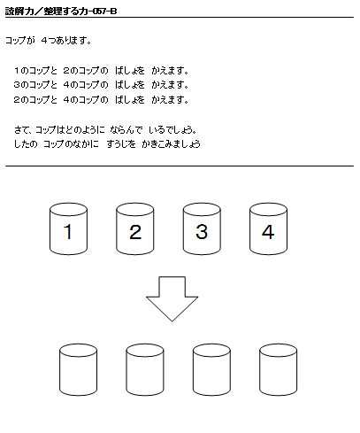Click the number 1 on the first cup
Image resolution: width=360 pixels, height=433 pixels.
[68, 231]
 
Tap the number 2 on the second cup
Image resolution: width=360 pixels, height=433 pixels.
[135, 232]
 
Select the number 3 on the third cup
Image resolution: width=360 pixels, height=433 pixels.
[202, 232]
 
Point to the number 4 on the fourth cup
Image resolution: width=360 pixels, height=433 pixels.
[268, 232]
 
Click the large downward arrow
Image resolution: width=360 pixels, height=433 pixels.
[172, 298]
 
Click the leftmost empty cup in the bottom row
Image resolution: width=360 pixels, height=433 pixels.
[78, 369]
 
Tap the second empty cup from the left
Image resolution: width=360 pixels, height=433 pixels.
[145, 369]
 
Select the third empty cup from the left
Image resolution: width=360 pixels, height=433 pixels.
[211, 369]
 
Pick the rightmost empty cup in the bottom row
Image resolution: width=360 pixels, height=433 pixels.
[279, 369]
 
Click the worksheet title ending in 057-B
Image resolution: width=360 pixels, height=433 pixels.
[61, 12]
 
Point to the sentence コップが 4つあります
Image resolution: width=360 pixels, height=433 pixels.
[49, 40]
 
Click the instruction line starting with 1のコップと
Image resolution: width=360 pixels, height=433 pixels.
[102, 71]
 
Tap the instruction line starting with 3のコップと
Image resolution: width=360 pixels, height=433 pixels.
[102, 85]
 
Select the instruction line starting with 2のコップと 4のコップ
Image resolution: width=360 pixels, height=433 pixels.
[102, 99]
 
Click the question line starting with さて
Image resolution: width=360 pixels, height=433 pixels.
[105, 129]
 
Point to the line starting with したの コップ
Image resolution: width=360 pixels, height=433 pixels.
[107, 144]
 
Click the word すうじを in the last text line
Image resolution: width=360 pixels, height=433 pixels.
[121, 144]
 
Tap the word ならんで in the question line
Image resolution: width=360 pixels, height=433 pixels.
[126, 129]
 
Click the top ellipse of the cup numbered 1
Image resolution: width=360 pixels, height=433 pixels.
[68, 209]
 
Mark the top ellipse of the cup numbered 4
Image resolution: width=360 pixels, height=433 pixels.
[268, 209]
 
